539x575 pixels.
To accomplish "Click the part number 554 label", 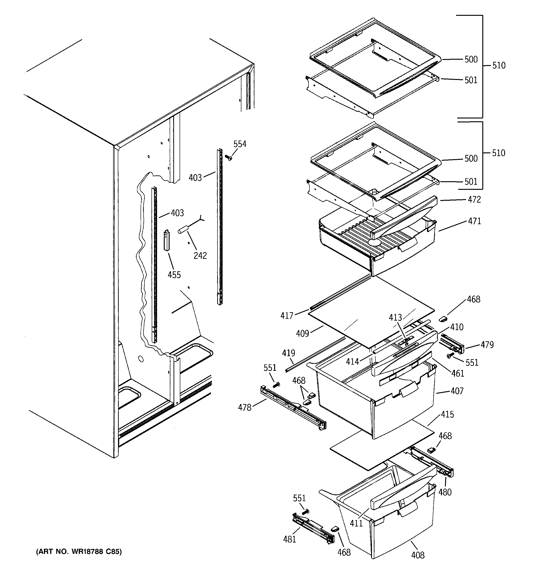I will pyautogui.click(x=240, y=144).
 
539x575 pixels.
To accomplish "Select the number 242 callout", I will pyautogui.click(x=200, y=255).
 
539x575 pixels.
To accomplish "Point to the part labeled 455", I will pyautogui.click(x=167, y=240).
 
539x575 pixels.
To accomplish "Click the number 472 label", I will pyautogui.click(x=474, y=200).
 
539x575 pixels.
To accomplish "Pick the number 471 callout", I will pyautogui.click(x=474, y=221).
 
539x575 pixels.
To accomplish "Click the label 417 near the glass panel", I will pyautogui.click(x=287, y=315).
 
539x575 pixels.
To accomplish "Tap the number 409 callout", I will pyautogui.click(x=302, y=334).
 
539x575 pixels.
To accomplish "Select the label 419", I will pyautogui.click(x=289, y=353).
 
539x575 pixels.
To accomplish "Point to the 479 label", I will pyautogui.click(x=487, y=345).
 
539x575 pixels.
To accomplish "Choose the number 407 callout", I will pyautogui.click(x=457, y=391).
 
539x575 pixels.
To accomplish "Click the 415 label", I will pyautogui.click(x=447, y=414).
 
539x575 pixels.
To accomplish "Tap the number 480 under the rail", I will pyautogui.click(x=445, y=492).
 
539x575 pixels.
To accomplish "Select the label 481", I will pyautogui.click(x=290, y=539).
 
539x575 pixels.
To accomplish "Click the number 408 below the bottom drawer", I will pyautogui.click(x=418, y=555).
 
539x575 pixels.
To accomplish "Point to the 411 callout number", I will pyautogui.click(x=356, y=523).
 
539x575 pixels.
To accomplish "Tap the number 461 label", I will pyautogui.click(x=458, y=373).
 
